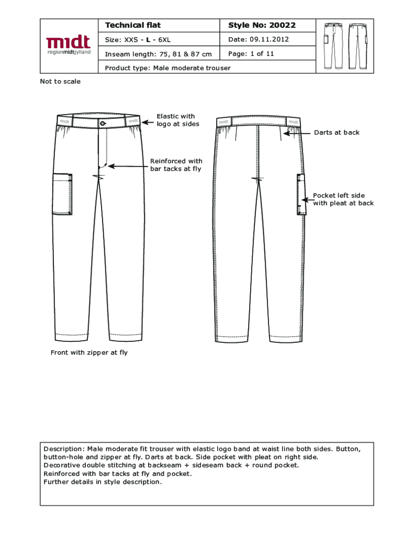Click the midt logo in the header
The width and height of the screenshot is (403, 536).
click(x=68, y=45)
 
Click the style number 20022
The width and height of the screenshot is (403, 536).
click(x=283, y=25)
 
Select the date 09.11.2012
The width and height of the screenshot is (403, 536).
click(x=269, y=39)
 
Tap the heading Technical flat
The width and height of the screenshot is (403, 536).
click(x=133, y=25)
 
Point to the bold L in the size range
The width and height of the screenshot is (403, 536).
click(x=148, y=40)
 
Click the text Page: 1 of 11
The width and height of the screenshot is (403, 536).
click(x=251, y=53)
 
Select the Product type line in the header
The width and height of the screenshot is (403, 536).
click(x=167, y=68)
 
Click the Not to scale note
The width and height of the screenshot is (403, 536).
click(x=60, y=82)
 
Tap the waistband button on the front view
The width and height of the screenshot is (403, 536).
click(x=103, y=124)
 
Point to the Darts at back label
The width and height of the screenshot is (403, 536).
click(x=337, y=133)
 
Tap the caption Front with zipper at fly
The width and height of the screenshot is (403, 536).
click(x=89, y=353)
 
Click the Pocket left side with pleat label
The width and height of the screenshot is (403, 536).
click(x=343, y=199)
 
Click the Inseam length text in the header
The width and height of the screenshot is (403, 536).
click(x=158, y=54)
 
